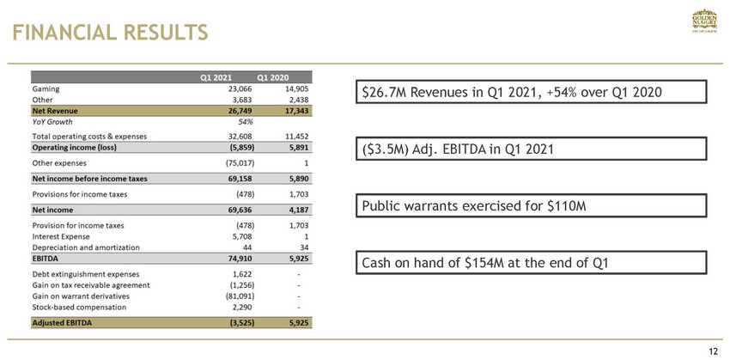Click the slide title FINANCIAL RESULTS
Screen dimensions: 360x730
click(109, 33)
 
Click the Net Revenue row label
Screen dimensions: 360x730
click(55, 111)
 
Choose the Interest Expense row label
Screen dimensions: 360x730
click(63, 235)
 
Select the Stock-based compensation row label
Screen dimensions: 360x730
click(78, 307)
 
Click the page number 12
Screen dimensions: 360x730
click(713, 351)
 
